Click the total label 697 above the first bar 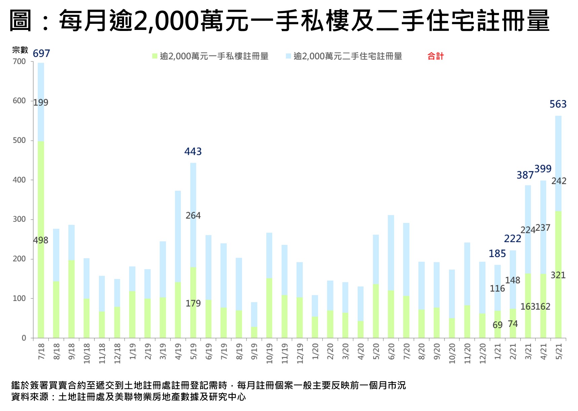coord(41,53)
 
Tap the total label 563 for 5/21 coord(558,104)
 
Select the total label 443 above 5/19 coord(193,152)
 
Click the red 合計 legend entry coord(435,56)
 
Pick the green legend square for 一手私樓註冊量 coord(155,56)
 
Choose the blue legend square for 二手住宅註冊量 coord(288,56)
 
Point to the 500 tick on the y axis coord(19,141)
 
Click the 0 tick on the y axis coord(24,338)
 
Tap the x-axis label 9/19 coord(254,351)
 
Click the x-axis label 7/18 coord(41,351)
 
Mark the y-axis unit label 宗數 coord(20,50)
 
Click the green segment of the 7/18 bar coord(41,269)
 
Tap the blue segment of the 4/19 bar coord(178,235)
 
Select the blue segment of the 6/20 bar coord(391,252)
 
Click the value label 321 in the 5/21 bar coord(558,275)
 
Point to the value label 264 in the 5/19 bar coord(193,216)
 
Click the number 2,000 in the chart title coord(166,21)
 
